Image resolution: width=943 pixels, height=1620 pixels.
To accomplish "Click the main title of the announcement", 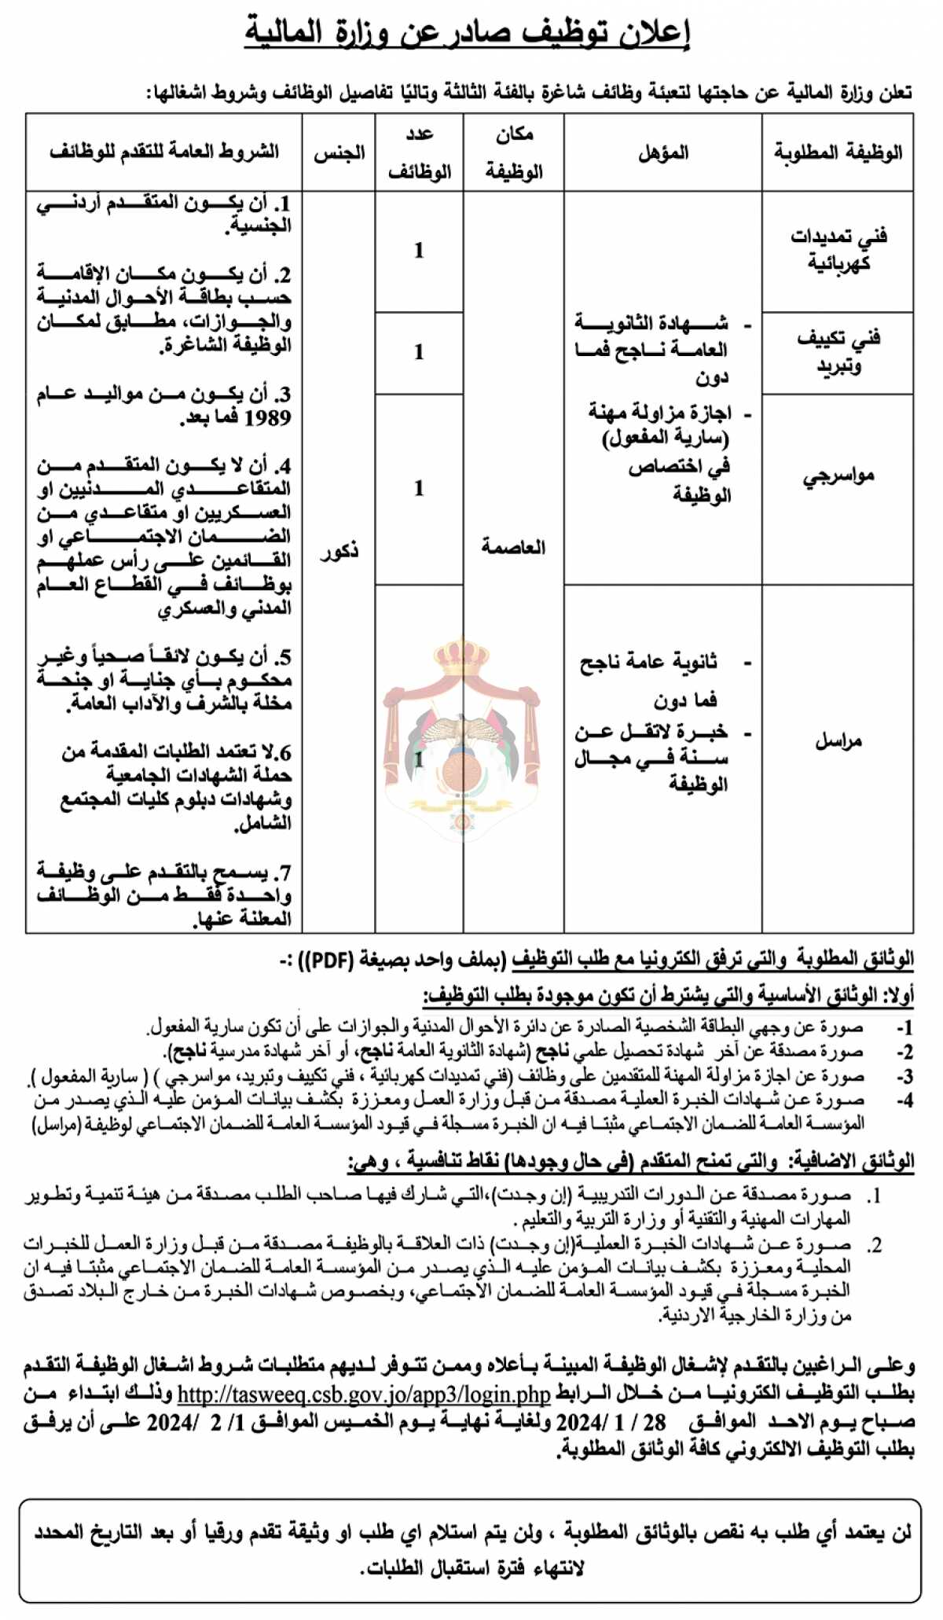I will pos(467,32).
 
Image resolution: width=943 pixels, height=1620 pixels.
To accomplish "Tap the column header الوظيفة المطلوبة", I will pos(838,152).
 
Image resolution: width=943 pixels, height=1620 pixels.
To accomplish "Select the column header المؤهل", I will pos(662,152).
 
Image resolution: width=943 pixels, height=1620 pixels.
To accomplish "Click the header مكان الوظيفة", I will pos(514,152).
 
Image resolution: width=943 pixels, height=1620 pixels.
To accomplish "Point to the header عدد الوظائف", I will pos(419,152).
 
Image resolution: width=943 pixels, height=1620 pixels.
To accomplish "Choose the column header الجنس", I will pos(339,152).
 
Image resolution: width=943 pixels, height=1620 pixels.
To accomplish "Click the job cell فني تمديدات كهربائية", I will pos(838,249).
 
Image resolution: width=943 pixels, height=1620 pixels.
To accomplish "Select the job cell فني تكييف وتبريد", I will pos(838,351).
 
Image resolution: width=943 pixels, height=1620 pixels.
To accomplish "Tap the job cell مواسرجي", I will pos(838,476).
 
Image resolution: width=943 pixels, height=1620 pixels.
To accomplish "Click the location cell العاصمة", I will pos(513,547).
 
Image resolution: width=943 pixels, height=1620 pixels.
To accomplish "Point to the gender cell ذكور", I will pos(339,551).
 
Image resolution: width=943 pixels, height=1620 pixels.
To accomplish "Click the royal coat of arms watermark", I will pos(462,739).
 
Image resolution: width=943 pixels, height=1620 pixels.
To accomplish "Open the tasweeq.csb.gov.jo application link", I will pos(364,1394).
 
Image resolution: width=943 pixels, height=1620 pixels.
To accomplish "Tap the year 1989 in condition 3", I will pos(267,418).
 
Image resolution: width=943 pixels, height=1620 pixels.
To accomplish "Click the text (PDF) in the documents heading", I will pos(334,960).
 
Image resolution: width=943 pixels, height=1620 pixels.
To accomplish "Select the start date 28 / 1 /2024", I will pos(611,1422).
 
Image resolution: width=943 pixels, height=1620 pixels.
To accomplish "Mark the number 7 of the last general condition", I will pos(284,873).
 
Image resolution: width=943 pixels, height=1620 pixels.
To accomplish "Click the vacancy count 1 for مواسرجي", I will pos(419,488).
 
